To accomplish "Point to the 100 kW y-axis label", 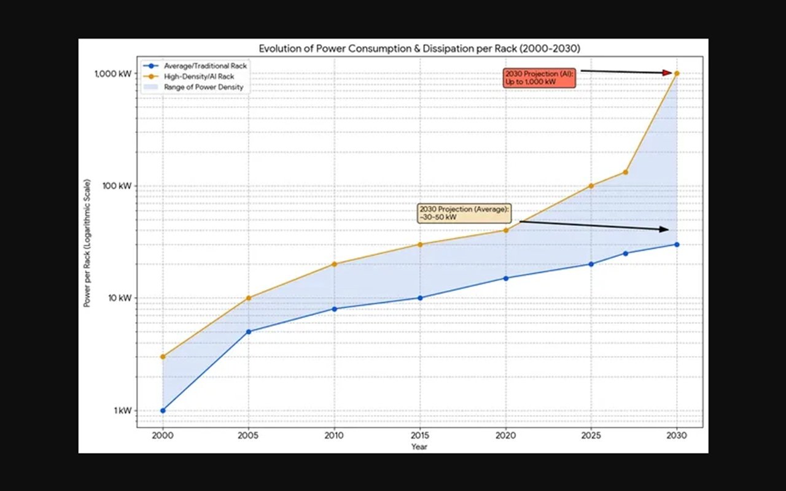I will tap(119, 186).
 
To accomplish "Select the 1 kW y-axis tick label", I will tap(123, 411).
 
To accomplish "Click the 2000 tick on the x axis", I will tap(163, 435).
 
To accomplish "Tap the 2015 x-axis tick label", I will tap(420, 435).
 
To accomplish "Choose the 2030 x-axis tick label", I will tap(677, 435).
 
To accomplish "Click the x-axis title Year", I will tap(419, 447).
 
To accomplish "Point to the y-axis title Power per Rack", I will tap(88, 244).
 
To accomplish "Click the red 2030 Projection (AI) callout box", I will tap(539, 77).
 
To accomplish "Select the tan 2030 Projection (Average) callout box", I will tap(464, 213).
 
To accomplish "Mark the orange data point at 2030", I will tap(677, 73).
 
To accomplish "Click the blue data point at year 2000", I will tap(163, 411).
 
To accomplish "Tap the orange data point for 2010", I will tap(334, 264).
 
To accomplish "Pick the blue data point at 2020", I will tap(505, 278).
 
